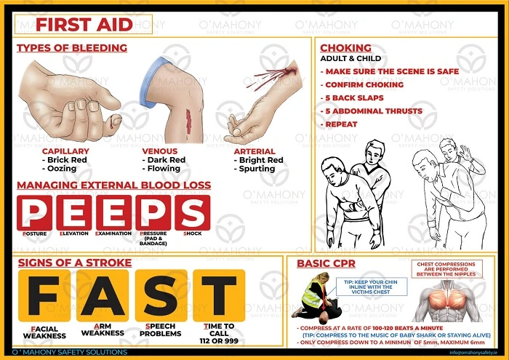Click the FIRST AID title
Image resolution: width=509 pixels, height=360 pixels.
point(84,24)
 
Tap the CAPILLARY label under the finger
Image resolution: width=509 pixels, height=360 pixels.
point(65,151)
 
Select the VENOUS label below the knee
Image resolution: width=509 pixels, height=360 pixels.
point(159,151)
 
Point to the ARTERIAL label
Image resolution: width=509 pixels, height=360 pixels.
point(254,151)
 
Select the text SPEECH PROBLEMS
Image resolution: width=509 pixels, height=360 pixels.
point(160,329)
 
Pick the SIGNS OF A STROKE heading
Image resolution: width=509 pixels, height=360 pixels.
point(74,262)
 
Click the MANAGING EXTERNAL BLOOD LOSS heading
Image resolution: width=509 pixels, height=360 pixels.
point(113,185)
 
